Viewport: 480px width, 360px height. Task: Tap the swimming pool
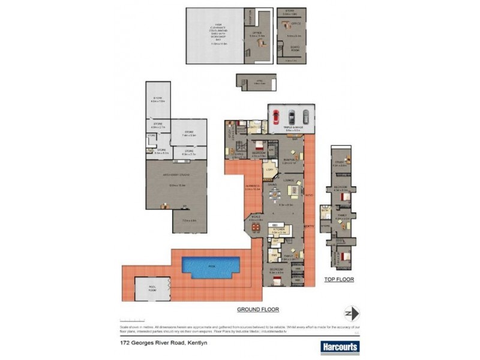[x=212, y=266]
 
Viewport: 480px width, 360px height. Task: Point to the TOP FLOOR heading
[x=339, y=280]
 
